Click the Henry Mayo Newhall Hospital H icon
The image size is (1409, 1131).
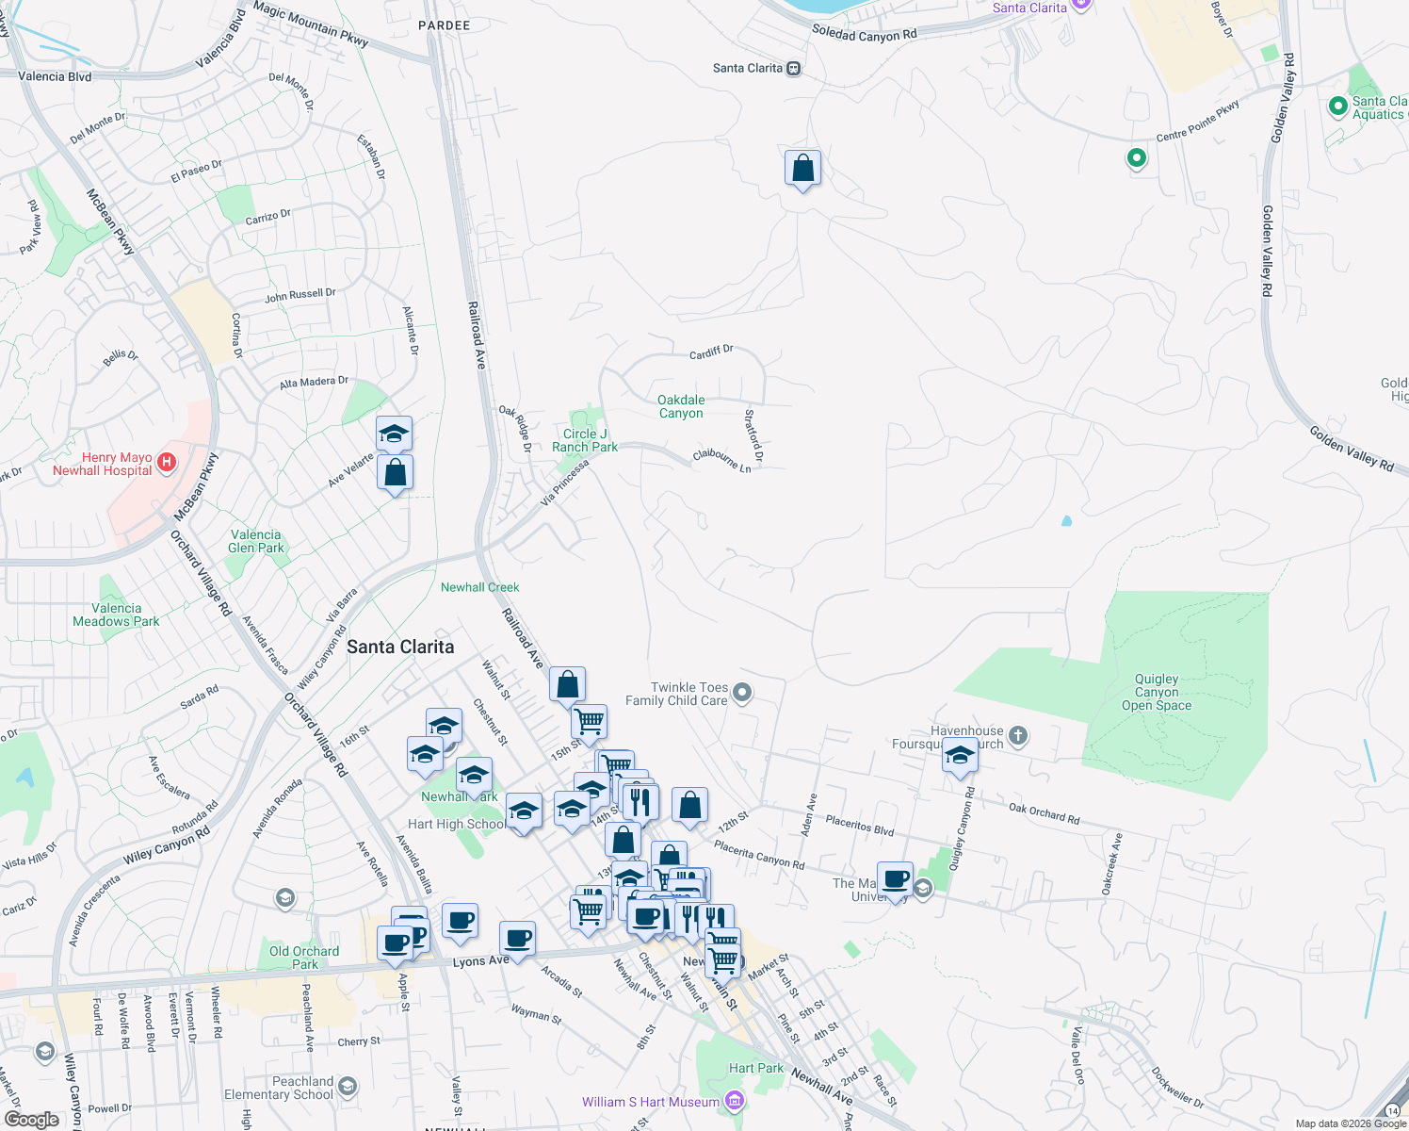[167, 462]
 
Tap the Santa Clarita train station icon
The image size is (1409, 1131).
[794, 69]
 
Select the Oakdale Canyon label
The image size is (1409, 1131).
[681, 407]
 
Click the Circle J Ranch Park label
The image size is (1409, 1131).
[585, 440]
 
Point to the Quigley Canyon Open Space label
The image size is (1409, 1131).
[1157, 692]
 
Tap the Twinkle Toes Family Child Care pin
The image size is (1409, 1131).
[742, 694]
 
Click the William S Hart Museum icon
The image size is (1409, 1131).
[736, 1101]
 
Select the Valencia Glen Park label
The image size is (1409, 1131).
[255, 541]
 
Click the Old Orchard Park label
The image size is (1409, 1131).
[304, 958]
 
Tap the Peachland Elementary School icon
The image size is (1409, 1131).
[348, 1088]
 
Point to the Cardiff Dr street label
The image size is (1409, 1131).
[711, 352]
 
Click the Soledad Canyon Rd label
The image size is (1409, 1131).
[864, 34]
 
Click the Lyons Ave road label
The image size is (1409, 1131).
[480, 961]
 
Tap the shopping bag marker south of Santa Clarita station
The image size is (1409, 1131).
[802, 170]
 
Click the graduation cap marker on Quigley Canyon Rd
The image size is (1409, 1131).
[960, 757]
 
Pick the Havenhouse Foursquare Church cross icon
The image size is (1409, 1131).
[1017, 735]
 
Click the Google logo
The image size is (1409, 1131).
[32, 1120]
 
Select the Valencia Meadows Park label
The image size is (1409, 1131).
[116, 615]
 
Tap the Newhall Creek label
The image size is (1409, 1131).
[479, 587]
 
